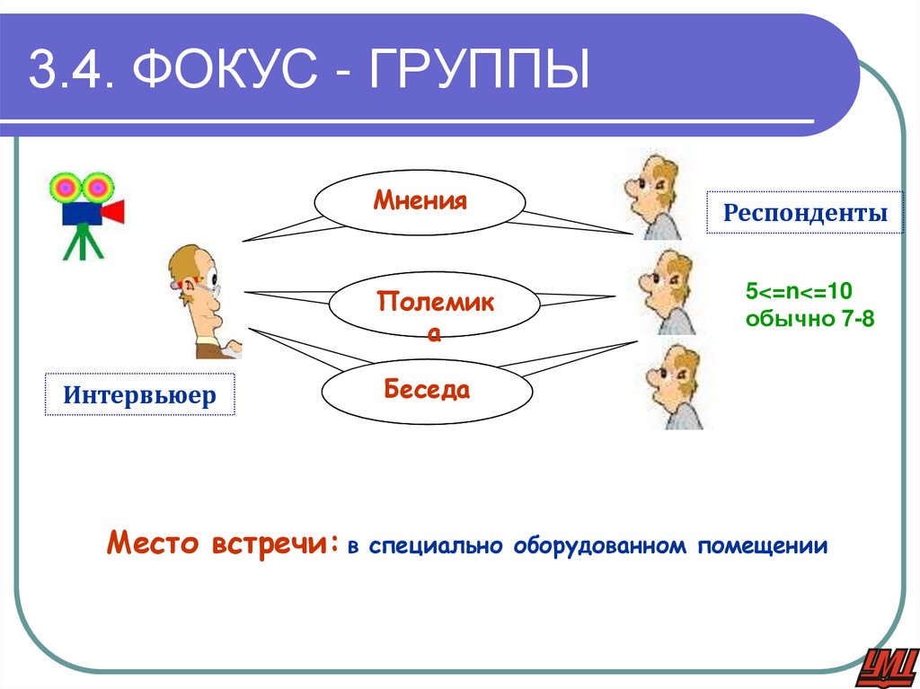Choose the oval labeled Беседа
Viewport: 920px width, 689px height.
(x=427, y=391)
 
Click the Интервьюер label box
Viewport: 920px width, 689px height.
(x=139, y=394)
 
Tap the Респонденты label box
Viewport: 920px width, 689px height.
(x=804, y=213)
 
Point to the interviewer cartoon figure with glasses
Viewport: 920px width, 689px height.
(x=203, y=301)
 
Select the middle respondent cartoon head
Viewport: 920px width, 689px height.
(x=666, y=292)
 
